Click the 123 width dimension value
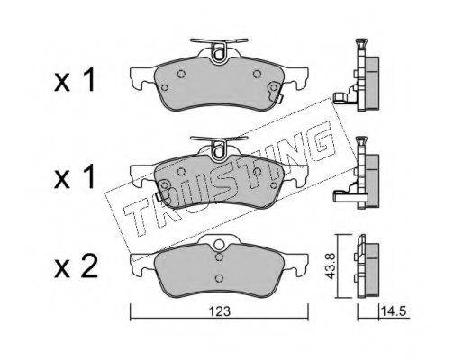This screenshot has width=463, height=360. click(x=220, y=311)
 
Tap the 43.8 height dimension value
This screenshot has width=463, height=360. click(x=331, y=266)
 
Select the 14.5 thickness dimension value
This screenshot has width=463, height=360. click(x=394, y=311)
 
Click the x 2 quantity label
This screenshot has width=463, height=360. click(x=77, y=265)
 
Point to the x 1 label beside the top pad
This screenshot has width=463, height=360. click(x=75, y=79)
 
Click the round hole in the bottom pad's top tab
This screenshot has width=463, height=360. click(x=220, y=244)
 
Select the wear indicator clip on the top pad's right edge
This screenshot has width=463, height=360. click(x=277, y=93)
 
